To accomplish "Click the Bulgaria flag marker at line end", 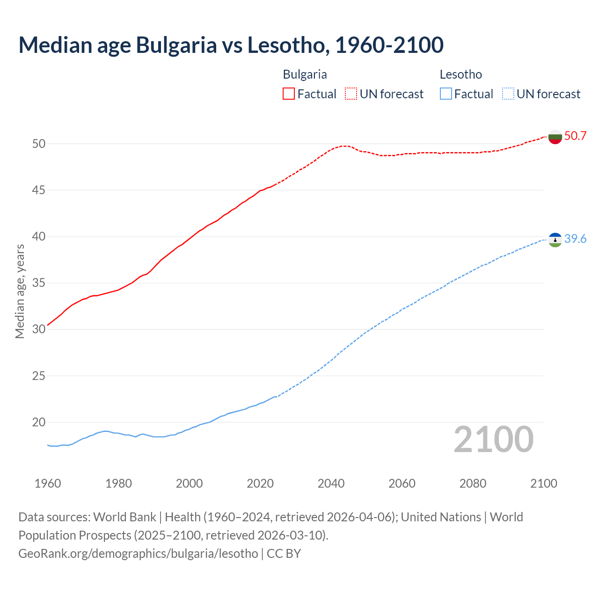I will click(x=555, y=137).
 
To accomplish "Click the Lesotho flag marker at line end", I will click(x=555, y=240).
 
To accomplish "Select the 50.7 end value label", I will click(x=575, y=136).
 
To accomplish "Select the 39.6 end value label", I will click(x=575, y=239).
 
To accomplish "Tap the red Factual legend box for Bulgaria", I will click(x=289, y=94).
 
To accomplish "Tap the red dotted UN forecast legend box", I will click(x=351, y=94).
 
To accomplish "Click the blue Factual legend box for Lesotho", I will click(x=446, y=94).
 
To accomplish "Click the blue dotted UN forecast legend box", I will click(x=508, y=94).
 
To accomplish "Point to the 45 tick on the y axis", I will click(x=39, y=190).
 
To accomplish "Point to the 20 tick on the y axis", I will click(x=39, y=422).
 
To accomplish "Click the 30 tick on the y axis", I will click(x=39, y=329).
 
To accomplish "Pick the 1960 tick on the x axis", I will click(x=48, y=483).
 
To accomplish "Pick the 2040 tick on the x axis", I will click(x=331, y=483).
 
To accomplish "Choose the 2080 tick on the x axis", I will click(x=473, y=483).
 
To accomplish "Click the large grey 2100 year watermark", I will click(x=493, y=439).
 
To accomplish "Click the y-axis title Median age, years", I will click(x=20, y=291).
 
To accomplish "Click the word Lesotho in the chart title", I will click(x=285, y=45).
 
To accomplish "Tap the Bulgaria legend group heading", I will click(x=305, y=74).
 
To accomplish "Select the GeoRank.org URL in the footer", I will click(x=138, y=554).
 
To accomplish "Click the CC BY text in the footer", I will click(x=284, y=554).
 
